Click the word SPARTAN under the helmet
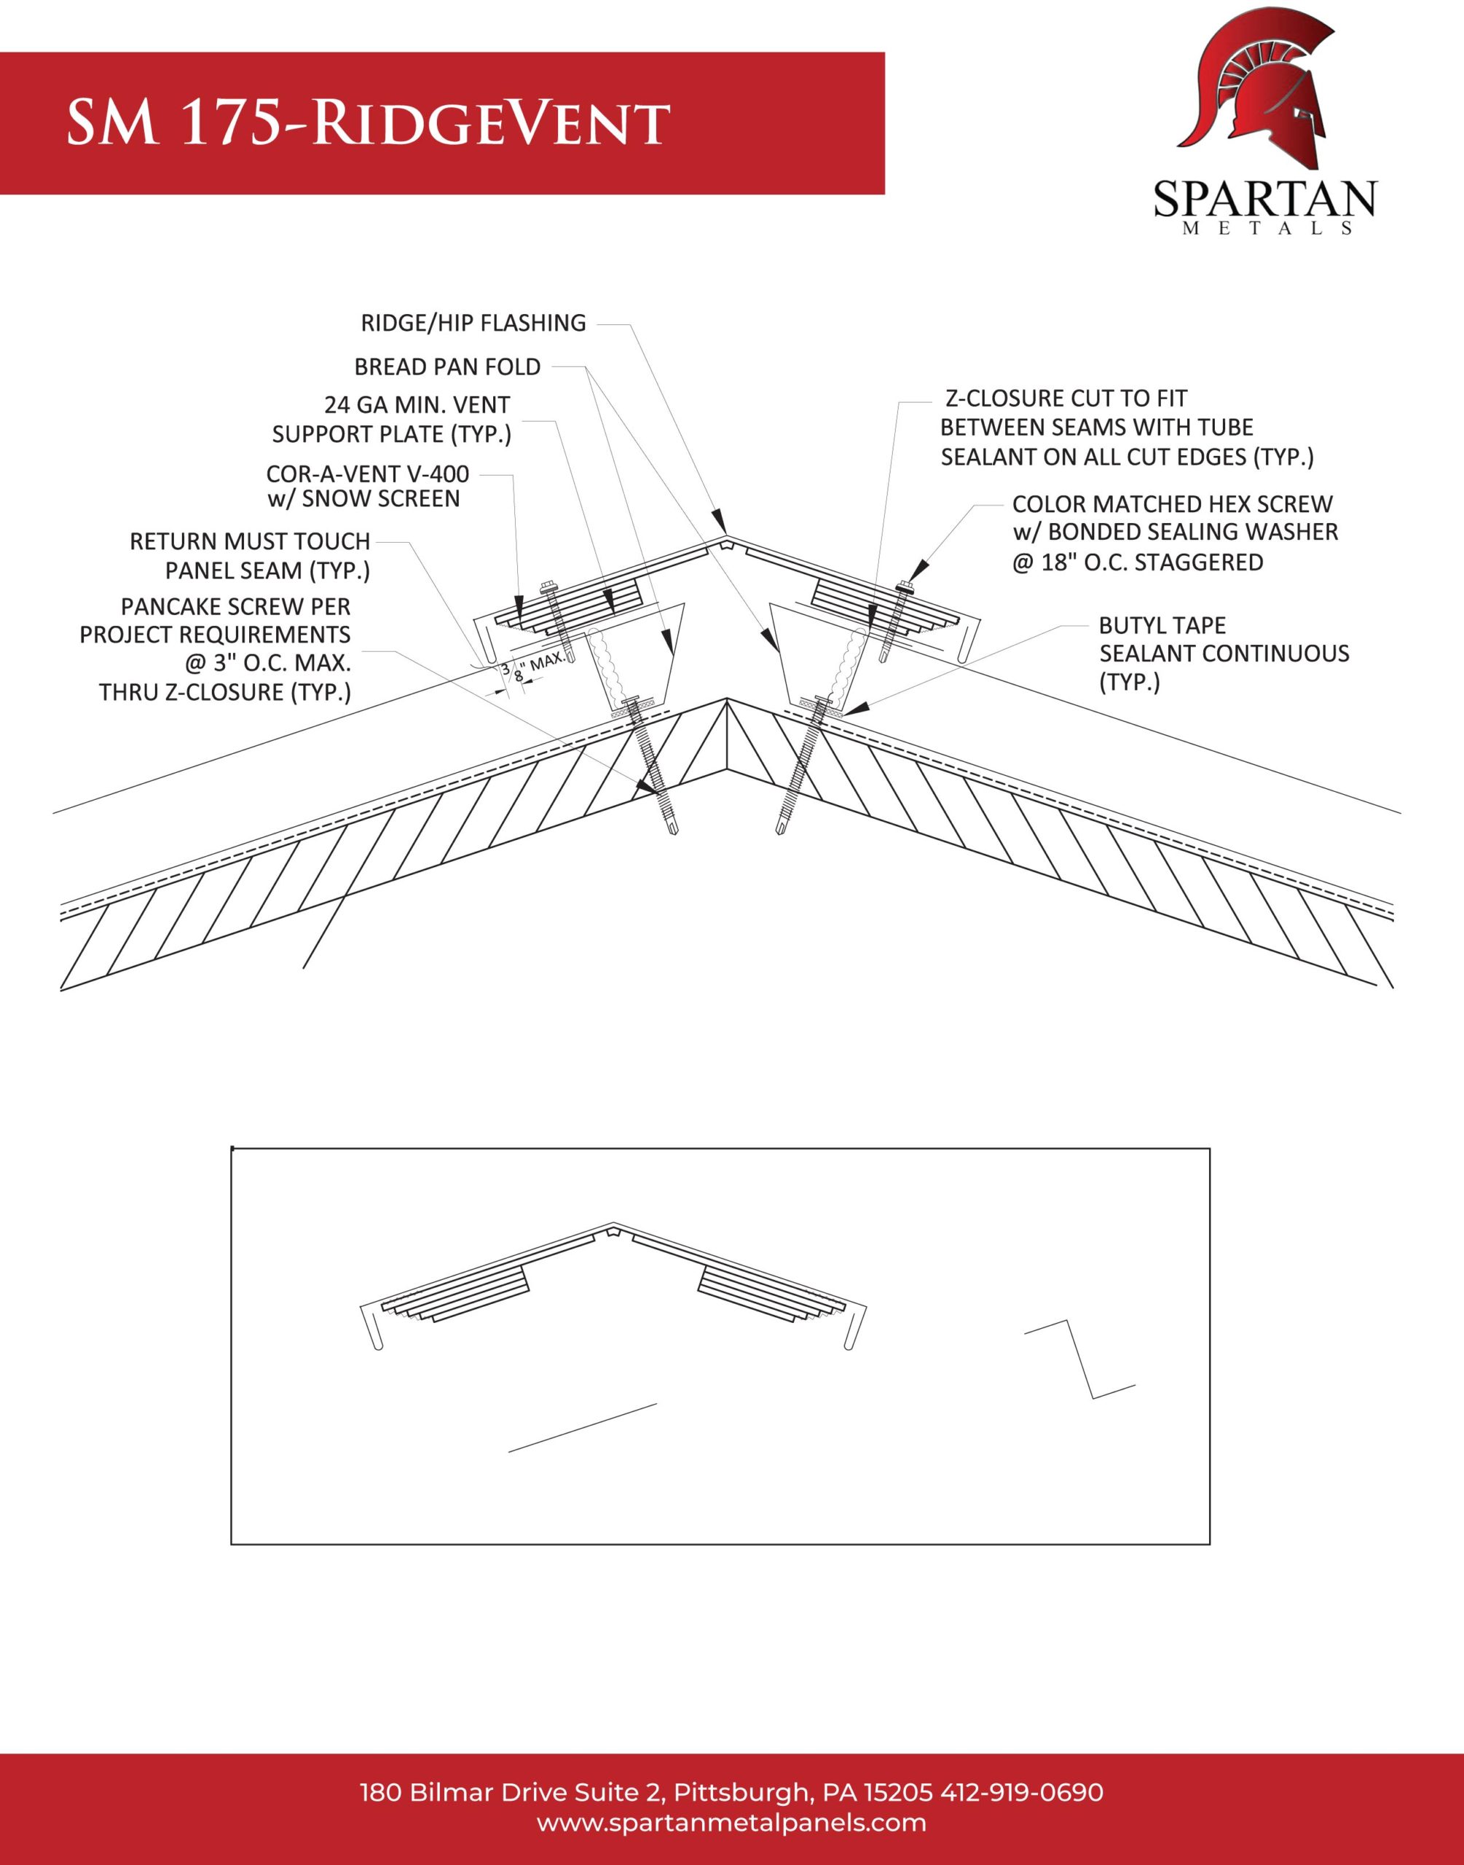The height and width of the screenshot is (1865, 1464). pos(1264,200)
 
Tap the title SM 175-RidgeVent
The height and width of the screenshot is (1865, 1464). pos(368,122)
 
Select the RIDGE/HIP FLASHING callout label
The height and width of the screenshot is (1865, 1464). pos(473,323)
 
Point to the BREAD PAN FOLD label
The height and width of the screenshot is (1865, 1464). pos(447,367)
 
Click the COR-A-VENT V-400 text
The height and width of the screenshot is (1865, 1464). pos(368,474)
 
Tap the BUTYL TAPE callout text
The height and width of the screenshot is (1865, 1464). pos(1162,626)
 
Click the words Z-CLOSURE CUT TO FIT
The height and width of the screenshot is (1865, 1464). pos(1066,398)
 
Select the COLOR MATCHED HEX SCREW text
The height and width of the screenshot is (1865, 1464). pos(1173,504)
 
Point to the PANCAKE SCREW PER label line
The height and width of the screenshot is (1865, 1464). pos(236,607)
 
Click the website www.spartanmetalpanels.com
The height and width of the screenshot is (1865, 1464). pos(732,1823)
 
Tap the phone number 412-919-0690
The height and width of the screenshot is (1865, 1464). pos(1022,1792)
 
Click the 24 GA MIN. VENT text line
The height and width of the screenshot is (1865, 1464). pos(417,404)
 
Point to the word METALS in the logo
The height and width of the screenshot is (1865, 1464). pos(1266,229)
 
